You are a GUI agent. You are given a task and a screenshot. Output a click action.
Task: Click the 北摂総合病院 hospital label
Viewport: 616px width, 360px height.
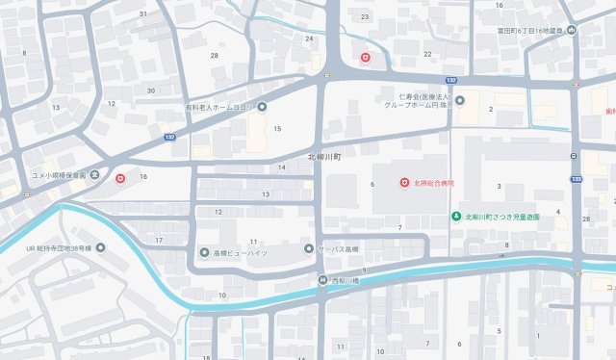tap(437, 183)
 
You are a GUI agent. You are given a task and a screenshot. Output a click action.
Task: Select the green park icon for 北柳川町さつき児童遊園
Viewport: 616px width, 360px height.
tap(456, 217)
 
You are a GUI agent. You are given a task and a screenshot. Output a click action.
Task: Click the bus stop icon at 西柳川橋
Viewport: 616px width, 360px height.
tap(323, 280)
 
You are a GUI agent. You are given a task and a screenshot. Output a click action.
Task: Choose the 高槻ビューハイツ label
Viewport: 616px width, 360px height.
tap(235, 252)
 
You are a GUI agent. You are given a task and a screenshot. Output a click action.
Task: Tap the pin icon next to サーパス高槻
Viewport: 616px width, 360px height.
tap(309, 249)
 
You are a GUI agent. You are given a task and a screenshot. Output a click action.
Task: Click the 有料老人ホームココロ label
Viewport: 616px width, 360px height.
tap(219, 107)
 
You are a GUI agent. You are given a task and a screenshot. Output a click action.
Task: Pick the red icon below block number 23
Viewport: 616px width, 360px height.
tap(366, 58)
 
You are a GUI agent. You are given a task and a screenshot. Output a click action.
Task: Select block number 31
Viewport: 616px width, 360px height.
tap(143, 13)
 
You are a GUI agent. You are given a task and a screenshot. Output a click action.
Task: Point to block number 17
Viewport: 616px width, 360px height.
tap(159, 239)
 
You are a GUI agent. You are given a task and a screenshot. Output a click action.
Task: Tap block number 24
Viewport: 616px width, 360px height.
tap(309, 39)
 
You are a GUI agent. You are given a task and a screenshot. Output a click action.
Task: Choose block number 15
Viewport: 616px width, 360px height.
tap(277, 128)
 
